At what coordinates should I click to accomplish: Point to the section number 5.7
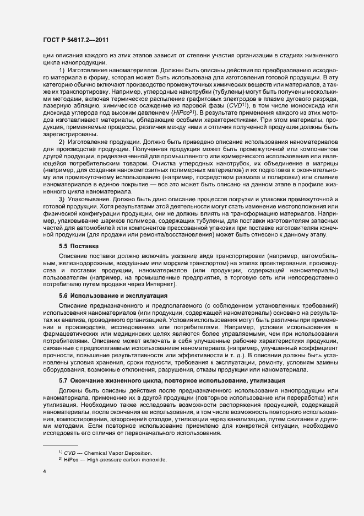(63, 381)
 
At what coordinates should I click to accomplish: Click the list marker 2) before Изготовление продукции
(62, 142)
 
